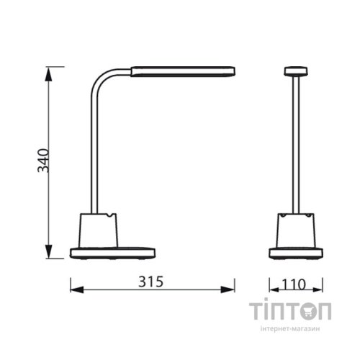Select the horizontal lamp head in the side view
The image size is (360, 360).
pos(184,71)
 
